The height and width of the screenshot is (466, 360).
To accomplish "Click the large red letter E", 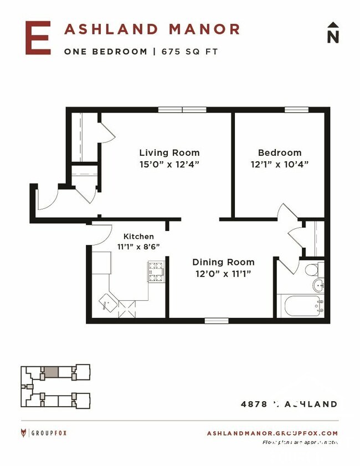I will [x=38, y=38].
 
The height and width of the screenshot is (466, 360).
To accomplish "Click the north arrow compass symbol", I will [x=332, y=33].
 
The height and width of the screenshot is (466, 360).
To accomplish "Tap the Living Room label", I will [x=169, y=153].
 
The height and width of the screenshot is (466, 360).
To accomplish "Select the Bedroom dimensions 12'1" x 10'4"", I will [x=280, y=164].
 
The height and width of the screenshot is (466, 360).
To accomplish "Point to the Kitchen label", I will [x=138, y=237].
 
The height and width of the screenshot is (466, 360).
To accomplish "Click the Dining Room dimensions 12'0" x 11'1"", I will [x=223, y=273].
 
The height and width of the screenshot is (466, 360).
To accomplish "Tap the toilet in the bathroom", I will [x=312, y=270].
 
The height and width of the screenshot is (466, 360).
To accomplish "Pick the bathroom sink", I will [x=318, y=286].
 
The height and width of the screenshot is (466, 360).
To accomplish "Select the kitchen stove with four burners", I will [x=156, y=272].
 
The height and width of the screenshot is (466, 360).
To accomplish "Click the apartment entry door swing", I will [x=47, y=198].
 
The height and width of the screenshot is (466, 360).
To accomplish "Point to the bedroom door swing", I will [x=287, y=213].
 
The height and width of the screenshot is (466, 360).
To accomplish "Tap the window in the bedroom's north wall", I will [x=296, y=109].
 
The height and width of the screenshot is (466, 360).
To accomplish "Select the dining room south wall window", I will [x=216, y=320].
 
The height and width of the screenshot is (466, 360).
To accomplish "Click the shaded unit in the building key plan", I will [x=51, y=372].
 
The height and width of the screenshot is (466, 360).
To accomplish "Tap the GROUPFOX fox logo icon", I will [x=24, y=433].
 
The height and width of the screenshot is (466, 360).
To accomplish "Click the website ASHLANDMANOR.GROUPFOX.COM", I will [x=272, y=433].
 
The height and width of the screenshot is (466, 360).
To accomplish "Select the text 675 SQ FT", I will [x=190, y=52].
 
